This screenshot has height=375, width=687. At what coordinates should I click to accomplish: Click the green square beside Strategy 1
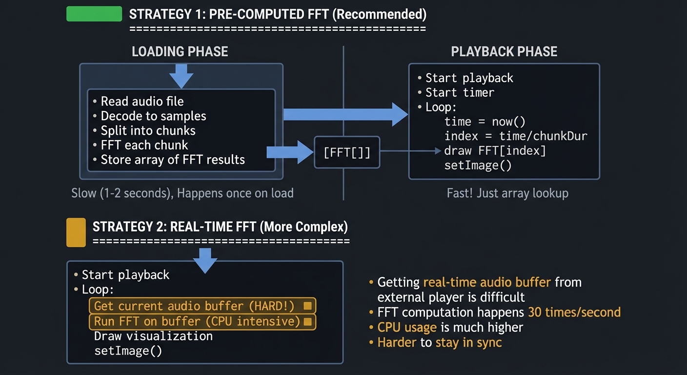[x=94, y=14]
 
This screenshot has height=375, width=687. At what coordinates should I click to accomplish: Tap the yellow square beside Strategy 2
[x=76, y=232]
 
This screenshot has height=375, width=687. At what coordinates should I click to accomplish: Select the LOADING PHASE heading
[x=180, y=52]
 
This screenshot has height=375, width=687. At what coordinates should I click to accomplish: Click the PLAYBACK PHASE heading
[x=504, y=52]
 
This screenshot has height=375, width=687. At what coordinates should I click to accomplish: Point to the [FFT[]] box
[x=347, y=152]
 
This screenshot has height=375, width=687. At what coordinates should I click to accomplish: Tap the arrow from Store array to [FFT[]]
[x=290, y=152]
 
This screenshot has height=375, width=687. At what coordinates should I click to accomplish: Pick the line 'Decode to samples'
[x=153, y=116]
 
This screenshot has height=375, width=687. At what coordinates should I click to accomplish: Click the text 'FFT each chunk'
[x=144, y=145]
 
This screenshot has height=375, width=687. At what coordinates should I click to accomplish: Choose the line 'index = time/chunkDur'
[x=515, y=136]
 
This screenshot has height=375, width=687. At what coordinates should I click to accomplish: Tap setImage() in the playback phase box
[x=478, y=166]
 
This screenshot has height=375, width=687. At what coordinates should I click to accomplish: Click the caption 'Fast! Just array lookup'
[x=507, y=193]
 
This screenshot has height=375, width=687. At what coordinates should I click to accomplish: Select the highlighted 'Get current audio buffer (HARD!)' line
[x=202, y=306]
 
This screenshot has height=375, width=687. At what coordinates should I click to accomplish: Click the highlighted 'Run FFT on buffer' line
[x=202, y=321]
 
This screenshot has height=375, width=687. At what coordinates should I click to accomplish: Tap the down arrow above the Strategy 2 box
[x=205, y=261]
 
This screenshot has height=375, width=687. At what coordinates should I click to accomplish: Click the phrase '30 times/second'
[x=574, y=312]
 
